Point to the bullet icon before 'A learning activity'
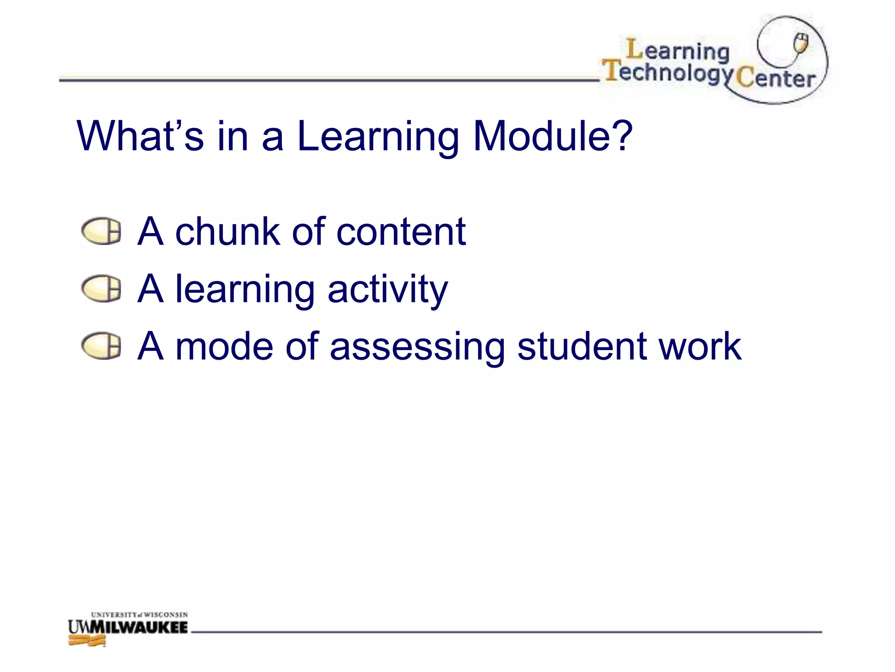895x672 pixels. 101,288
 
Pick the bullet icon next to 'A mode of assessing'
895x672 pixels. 101,346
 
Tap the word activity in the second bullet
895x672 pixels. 388,290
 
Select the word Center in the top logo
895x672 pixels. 776,78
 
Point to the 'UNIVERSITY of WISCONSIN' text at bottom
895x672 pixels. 139,615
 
